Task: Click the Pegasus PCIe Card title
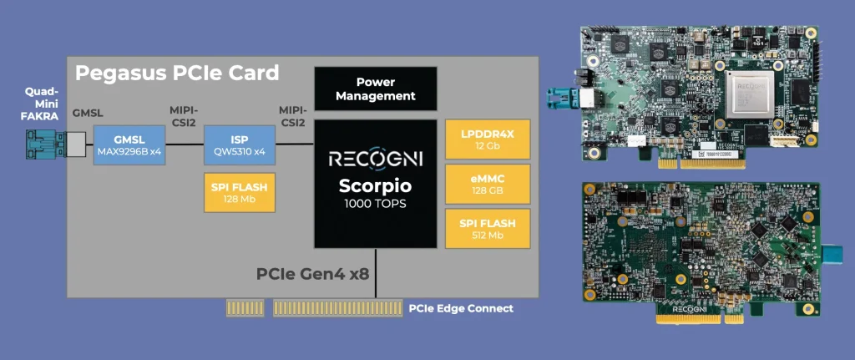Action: click(177, 73)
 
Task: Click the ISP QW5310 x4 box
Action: click(239, 145)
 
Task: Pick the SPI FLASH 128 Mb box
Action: click(239, 192)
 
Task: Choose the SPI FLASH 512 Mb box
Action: click(487, 229)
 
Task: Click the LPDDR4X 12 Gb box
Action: click(487, 139)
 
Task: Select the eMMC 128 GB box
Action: click(487, 184)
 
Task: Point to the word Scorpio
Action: click(377, 185)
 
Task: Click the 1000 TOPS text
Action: click(377, 204)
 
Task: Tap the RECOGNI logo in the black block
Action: click(377, 159)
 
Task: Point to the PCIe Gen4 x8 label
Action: click(313, 274)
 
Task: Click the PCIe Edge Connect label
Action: click(461, 308)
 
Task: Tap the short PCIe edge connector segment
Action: click(245, 308)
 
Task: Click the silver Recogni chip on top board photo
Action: click(748, 91)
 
